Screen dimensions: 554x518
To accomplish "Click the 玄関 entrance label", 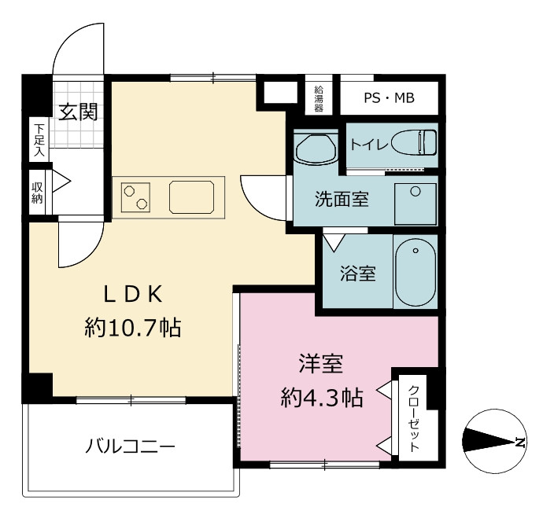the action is [78, 112].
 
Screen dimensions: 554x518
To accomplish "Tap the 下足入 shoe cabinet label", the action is [39, 140].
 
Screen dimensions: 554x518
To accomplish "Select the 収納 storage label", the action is [37, 193].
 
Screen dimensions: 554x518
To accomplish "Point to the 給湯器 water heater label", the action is [319, 99].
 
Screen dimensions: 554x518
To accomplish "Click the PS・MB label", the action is [389, 97].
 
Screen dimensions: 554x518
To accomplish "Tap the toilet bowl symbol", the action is [414, 142].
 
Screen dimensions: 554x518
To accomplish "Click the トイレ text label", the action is [369, 145].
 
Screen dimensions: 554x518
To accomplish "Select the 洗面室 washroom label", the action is [342, 200].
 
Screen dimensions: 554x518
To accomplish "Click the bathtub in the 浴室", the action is [415, 272].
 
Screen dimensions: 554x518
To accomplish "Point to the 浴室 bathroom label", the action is [357, 273].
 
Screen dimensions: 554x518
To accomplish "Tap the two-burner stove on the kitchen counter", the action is [135, 197].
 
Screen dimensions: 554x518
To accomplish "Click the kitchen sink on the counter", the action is [191, 197].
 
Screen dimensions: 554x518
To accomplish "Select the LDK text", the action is [133, 294].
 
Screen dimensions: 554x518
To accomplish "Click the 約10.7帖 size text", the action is [133, 328].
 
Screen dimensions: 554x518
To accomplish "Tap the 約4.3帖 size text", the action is [322, 398].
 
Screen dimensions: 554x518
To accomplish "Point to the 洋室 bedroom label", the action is [321, 364].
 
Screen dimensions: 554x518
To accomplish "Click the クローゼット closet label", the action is [413, 419].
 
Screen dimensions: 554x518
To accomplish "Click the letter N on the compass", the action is [519, 442].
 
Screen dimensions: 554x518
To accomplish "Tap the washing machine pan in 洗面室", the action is [415, 204].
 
